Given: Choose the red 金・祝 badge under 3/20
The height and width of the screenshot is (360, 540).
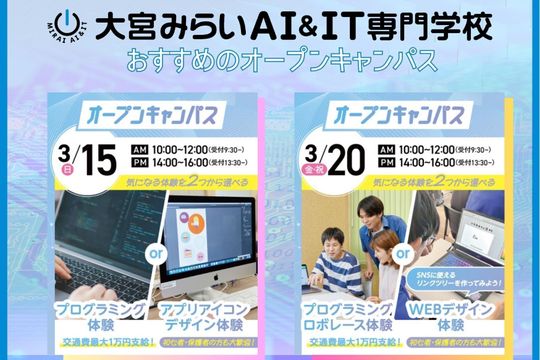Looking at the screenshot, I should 315,171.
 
